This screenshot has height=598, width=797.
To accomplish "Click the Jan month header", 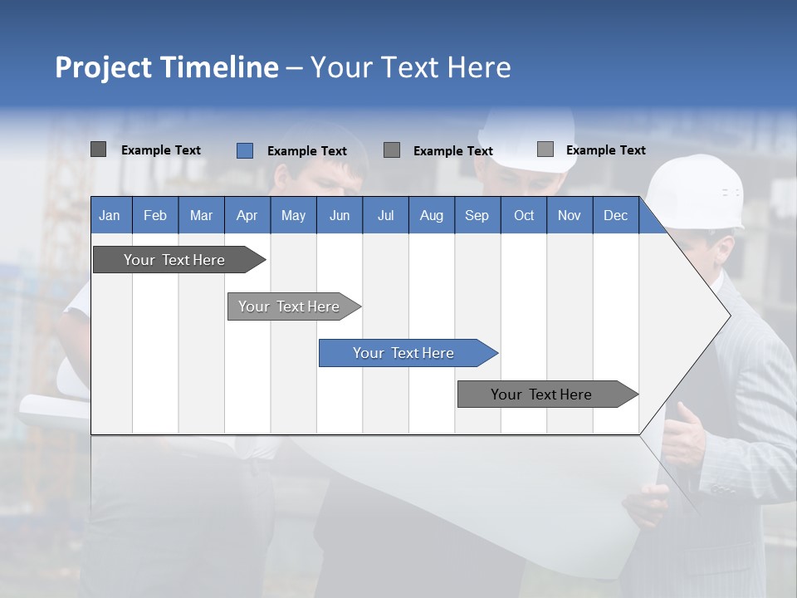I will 110,216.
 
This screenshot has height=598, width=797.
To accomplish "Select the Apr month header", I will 247,216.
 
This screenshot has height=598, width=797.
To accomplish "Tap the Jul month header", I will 385,216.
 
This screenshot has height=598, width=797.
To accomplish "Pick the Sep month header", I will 477,216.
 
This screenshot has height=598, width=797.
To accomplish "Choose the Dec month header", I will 615,216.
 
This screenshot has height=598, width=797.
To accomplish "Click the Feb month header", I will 155,216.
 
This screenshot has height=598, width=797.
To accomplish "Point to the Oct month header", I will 524,216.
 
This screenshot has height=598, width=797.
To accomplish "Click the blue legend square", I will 245,150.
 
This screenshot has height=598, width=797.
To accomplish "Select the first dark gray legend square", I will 99,149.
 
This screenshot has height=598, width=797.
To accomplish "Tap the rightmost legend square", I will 545,149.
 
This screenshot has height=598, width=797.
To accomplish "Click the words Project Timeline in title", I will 166,67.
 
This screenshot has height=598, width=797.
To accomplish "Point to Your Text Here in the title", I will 410,67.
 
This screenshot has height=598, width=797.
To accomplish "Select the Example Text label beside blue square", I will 307,151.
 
